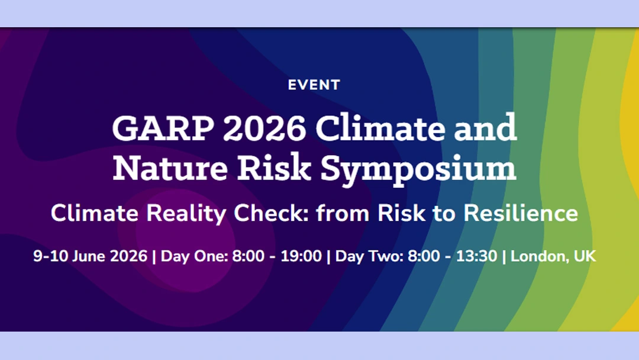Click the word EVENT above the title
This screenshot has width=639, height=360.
point(314,85)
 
